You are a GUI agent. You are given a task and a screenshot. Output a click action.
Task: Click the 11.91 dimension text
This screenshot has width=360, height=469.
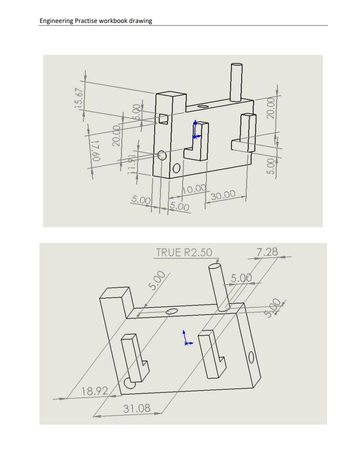coord(133,163)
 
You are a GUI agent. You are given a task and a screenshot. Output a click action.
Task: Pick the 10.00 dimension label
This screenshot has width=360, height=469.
coord(195,189)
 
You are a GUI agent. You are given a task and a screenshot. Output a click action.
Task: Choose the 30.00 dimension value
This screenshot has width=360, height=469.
coord(223,195)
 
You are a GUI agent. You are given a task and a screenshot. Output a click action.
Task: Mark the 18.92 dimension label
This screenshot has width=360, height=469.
coord(95,391)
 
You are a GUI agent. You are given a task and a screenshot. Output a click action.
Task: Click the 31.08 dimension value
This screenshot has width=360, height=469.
coord(137,408)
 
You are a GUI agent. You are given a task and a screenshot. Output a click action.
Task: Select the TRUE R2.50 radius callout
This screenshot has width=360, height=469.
coord(184,252)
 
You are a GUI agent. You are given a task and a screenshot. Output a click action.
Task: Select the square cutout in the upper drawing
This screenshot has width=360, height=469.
coord(163,119)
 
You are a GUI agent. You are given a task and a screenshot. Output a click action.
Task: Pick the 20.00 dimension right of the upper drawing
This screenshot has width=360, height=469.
coord(271,108)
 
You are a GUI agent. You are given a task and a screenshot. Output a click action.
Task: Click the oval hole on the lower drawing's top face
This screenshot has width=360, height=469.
coord(172,311)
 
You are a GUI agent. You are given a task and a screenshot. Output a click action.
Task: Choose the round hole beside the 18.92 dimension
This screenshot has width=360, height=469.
coord(129,384)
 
